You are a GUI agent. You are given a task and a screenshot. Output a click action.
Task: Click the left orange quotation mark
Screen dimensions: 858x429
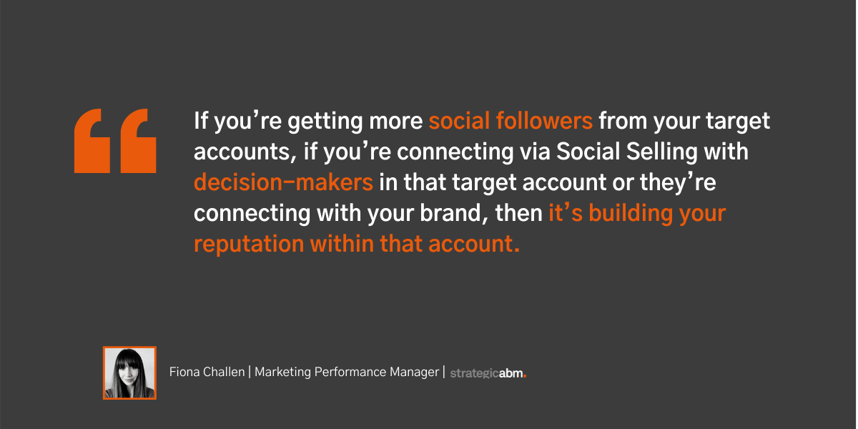click(x=92, y=141)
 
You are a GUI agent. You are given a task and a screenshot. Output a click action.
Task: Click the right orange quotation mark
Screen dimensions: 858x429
click(x=138, y=141)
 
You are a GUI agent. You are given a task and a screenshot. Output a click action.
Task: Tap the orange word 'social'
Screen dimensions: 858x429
click(x=459, y=121)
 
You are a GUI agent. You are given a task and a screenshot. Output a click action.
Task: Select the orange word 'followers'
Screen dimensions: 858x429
click(x=544, y=121)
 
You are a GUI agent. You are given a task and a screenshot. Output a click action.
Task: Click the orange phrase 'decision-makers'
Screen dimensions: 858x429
click(x=283, y=182)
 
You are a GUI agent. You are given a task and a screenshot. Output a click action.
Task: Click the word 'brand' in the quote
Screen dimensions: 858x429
click(x=450, y=212)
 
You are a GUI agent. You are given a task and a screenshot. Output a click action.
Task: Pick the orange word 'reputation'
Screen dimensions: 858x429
click(x=249, y=245)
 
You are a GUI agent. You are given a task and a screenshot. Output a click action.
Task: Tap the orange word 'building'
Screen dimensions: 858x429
click(x=631, y=212)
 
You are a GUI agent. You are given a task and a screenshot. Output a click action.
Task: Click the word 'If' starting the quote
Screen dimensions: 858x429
click(x=201, y=121)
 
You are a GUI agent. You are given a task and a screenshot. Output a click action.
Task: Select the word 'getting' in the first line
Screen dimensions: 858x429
click(x=325, y=122)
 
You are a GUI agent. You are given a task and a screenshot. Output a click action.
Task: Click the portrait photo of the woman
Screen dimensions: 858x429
click(x=129, y=373)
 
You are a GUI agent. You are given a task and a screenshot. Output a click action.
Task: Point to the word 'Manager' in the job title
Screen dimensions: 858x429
click(x=415, y=373)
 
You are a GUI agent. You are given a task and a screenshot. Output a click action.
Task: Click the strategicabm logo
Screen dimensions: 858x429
click(x=488, y=373)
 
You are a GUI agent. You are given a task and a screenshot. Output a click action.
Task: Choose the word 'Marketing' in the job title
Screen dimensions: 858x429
click(x=282, y=373)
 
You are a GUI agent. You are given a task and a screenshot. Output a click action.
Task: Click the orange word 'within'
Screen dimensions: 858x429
click(x=342, y=244)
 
